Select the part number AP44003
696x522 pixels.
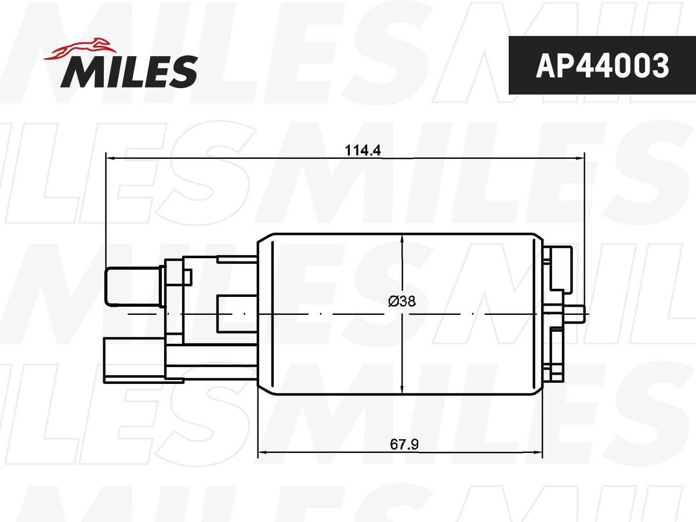click(x=602, y=66)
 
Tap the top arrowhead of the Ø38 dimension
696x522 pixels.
click(x=402, y=238)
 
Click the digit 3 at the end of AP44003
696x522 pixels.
click(x=659, y=66)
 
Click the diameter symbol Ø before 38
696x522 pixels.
click(x=393, y=301)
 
